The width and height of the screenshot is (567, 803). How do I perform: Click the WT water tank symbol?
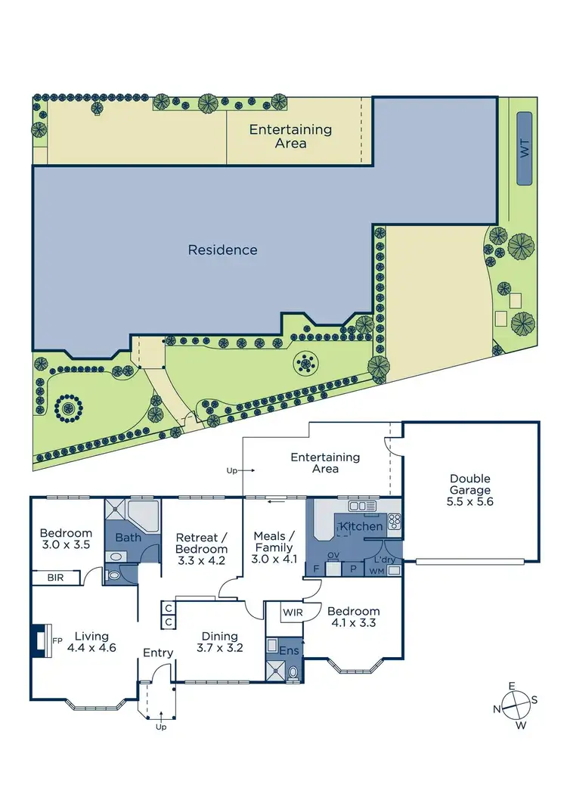pos(523,148)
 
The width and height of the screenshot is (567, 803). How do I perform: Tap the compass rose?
pos(515,705)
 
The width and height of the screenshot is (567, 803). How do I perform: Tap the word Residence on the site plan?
pos(222,250)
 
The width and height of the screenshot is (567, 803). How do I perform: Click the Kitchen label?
pos(361,526)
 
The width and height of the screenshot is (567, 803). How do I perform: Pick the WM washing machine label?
pos(376,572)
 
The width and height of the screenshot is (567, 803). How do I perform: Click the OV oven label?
pos(332,556)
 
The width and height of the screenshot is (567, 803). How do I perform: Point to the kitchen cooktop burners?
pos(394,520)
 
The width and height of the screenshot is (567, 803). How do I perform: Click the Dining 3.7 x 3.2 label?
pos(218,642)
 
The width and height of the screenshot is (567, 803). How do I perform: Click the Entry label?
pos(157,653)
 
